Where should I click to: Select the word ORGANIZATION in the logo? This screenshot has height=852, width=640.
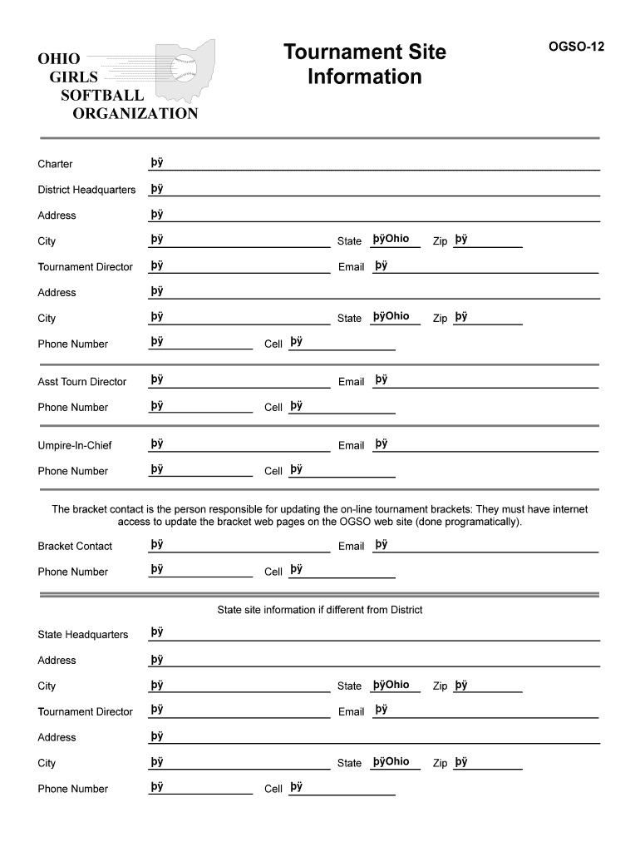135,113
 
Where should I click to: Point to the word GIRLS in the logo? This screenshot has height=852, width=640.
73,77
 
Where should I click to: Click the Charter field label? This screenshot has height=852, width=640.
55,164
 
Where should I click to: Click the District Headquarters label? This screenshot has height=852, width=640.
86,190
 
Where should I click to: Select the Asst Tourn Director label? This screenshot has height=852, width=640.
82,382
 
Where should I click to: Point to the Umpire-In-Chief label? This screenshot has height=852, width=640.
75,446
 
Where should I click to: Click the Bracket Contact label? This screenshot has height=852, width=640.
75,547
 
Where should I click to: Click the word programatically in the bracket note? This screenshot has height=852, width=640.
482,523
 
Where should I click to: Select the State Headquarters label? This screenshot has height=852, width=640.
83,635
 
